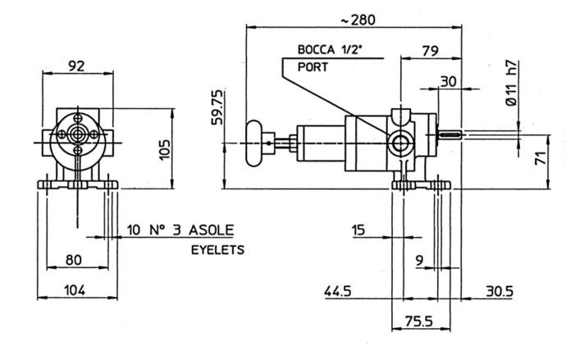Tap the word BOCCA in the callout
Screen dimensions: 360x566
pyautogui.click(x=316, y=51)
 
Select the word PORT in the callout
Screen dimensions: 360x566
pyautogui.click(x=313, y=66)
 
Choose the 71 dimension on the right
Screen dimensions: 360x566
pyautogui.click(x=541, y=159)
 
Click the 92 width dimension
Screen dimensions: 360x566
pyautogui.click(x=76, y=66)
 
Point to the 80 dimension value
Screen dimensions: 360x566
pyautogui.click(x=74, y=261)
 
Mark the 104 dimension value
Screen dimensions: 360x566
pyautogui.click(x=75, y=290)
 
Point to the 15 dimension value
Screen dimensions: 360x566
pyautogui.click(x=358, y=230)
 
